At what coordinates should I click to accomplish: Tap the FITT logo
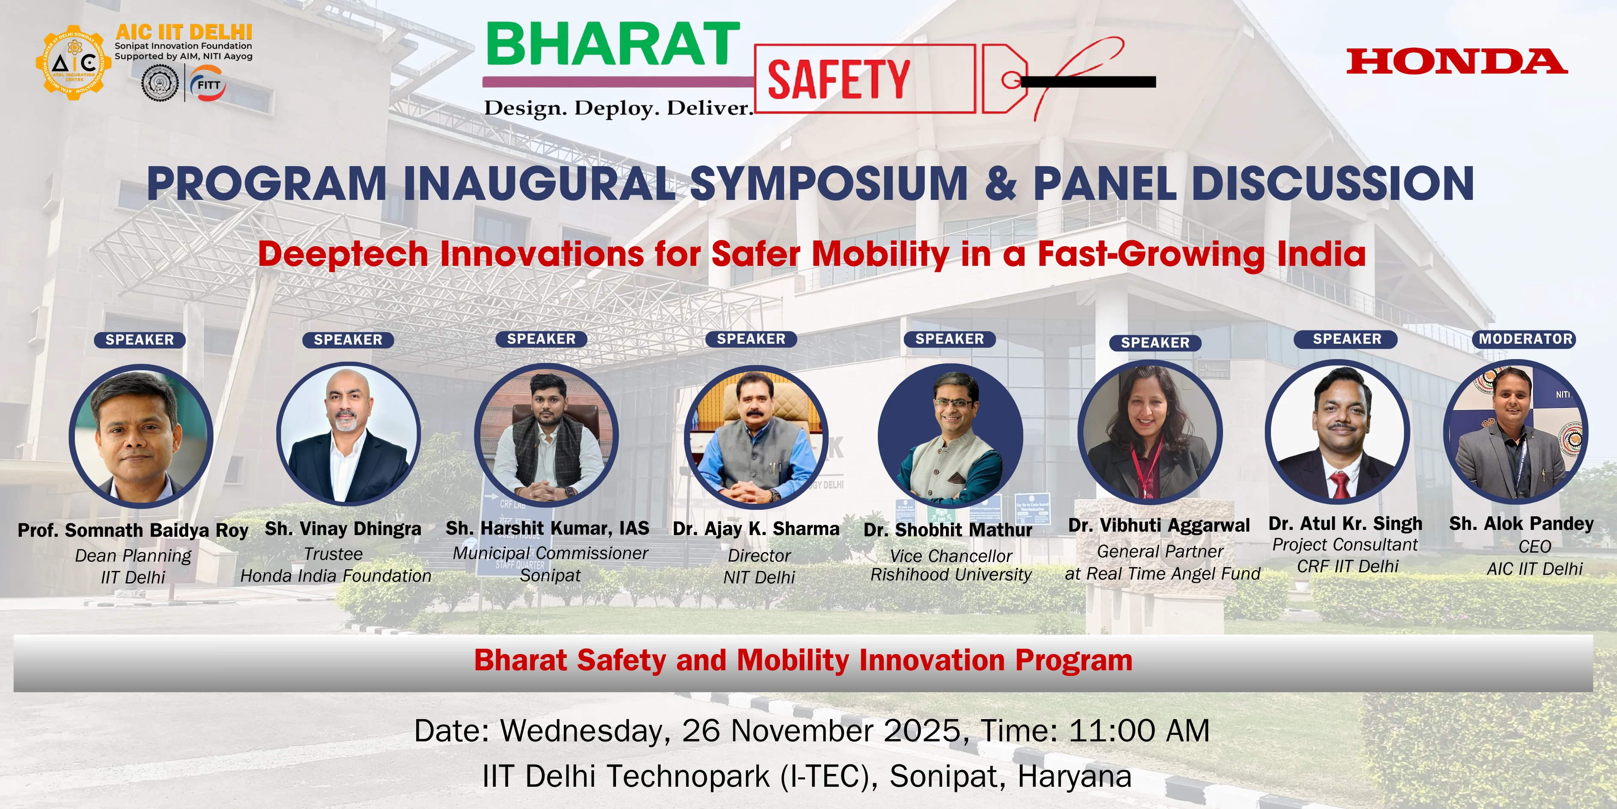(208, 84)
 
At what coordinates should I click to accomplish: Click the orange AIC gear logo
(74, 63)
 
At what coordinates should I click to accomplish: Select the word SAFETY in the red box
(838, 80)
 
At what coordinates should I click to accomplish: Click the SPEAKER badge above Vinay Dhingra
(348, 340)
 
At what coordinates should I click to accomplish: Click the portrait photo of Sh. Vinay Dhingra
(348, 434)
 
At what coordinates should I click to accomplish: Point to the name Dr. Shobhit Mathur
(948, 530)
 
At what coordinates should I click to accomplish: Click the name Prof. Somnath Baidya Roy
(133, 531)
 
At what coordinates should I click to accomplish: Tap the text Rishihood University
(951, 575)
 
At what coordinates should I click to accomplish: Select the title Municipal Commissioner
(551, 553)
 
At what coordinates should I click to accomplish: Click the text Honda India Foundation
(336, 576)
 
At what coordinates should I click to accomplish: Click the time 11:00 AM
(1139, 731)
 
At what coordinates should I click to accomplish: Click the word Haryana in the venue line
(1074, 776)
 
